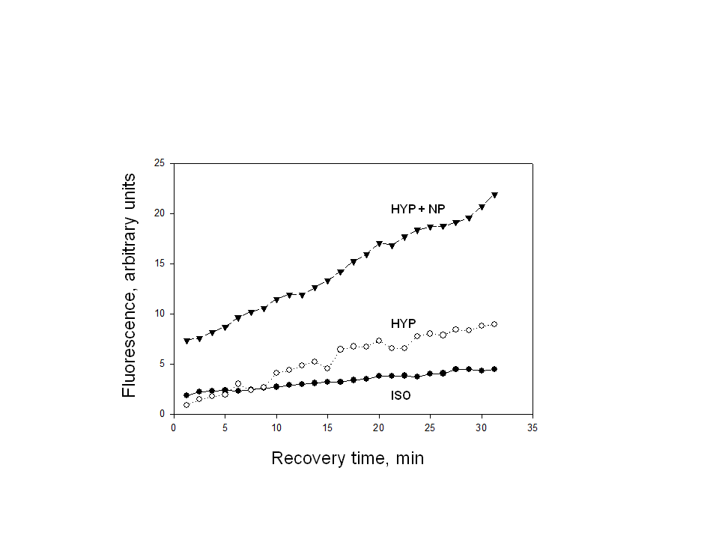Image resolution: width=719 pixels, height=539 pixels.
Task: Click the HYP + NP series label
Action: [x=417, y=209]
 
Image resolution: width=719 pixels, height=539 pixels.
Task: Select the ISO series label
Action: [x=401, y=395]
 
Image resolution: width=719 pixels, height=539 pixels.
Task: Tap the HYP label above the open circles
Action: [x=403, y=323]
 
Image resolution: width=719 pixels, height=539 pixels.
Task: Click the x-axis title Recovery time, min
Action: [x=348, y=458]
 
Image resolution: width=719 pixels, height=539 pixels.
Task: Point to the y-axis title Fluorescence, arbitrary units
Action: [x=129, y=285]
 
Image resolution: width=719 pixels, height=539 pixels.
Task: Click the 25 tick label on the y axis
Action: [x=159, y=163]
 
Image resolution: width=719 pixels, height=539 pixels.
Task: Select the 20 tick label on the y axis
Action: [x=159, y=213]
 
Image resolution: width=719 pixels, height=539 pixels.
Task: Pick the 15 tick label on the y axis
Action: [x=159, y=264]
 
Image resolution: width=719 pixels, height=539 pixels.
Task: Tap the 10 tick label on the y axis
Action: [x=159, y=314]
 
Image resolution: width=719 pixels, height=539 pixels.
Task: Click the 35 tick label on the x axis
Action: [x=533, y=428]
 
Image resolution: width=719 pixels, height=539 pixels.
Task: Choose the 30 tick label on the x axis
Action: [x=482, y=428]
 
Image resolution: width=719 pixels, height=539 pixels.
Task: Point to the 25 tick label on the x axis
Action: [x=430, y=428]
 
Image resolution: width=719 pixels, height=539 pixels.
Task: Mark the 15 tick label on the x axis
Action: [x=327, y=428]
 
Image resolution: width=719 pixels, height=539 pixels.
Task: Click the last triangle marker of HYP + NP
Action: [x=494, y=195]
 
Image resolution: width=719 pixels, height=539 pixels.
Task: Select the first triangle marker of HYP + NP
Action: [x=186, y=341]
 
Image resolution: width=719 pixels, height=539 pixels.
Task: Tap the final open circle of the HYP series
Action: [x=494, y=324]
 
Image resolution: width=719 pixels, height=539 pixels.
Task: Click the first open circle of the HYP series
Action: [x=186, y=405]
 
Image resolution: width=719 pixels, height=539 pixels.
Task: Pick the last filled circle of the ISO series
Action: [x=494, y=369]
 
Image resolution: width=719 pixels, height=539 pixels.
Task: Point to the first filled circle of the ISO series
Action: [x=186, y=395]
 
